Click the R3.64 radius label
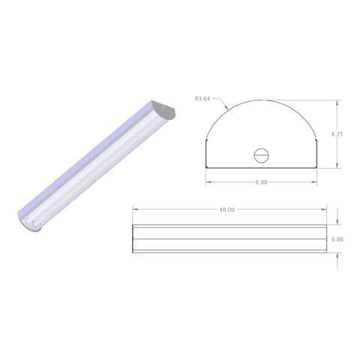pos(202,97)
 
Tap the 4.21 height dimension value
pos(340,135)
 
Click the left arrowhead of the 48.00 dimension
pos(133,210)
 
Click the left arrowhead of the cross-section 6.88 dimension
pos(208,181)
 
